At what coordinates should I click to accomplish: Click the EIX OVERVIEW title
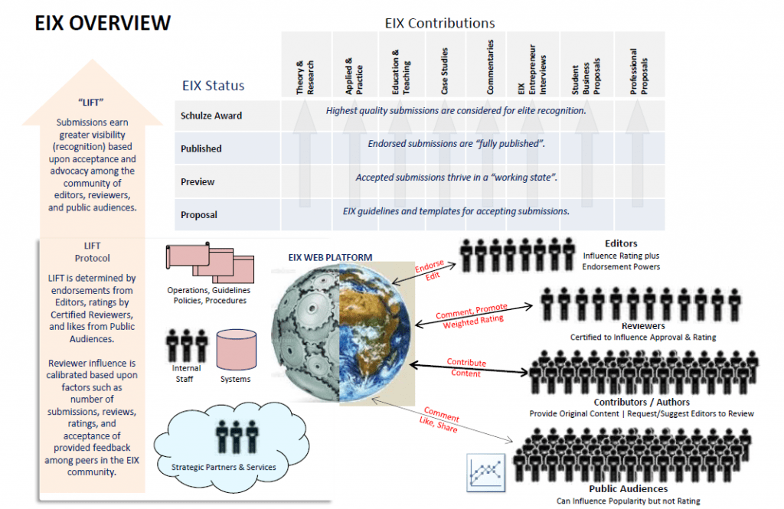tap(103, 24)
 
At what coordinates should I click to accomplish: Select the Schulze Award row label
tap(211, 116)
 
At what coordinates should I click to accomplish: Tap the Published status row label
tap(201, 148)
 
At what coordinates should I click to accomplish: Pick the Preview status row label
tap(198, 182)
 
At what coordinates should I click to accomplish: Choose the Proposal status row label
tap(199, 215)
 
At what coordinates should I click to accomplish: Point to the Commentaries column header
tap(491, 67)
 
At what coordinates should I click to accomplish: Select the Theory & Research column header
tap(305, 77)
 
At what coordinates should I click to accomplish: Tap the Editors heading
tap(621, 244)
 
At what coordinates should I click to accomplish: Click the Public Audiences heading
tap(628, 488)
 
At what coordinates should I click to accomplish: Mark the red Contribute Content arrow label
tap(466, 367)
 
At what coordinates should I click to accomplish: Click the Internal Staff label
tap(181, 374)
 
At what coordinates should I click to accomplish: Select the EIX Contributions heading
tap(439, 24)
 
